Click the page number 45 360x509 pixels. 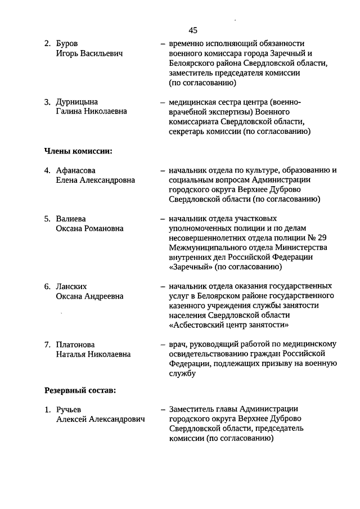coord(193,30)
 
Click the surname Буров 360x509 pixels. coord(67,43)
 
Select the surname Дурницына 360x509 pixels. coord(76,102)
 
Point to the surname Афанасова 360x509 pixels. coord(76,170)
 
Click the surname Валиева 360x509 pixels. coord(71,218)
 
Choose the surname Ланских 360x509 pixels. coord(71,286)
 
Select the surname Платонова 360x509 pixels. coord(75,344)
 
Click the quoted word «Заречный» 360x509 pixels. coord(189,267)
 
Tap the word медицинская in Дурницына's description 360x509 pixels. coord(192,102)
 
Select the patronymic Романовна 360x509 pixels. coord(105,228)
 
